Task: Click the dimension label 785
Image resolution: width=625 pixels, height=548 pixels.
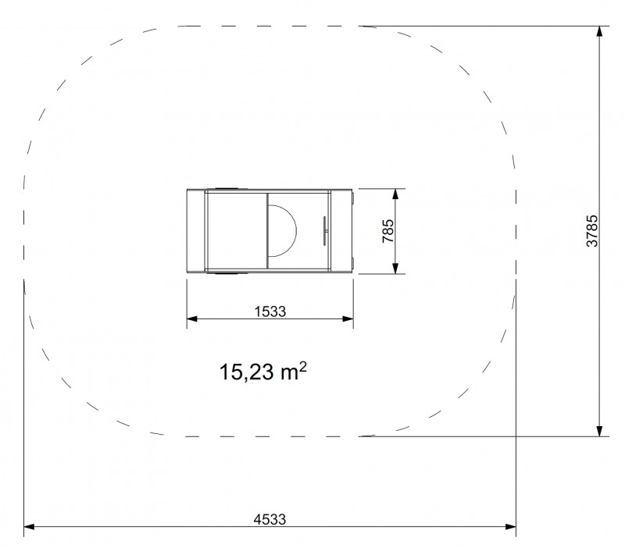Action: [387, 230]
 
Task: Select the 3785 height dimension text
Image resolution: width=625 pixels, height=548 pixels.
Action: [592, 230]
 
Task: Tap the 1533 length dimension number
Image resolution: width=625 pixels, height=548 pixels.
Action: [270, 311]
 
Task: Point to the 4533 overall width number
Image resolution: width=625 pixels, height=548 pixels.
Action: [270, 519]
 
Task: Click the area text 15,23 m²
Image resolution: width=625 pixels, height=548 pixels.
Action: [263, 371]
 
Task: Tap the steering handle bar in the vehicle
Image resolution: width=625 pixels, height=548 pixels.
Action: [324, 230]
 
